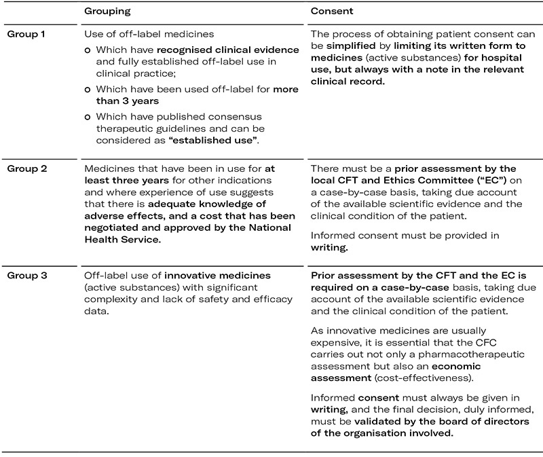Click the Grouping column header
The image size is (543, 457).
pyautogui.click(x=107, y=12)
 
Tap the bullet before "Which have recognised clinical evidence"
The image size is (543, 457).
pyautogui.click(x=88, y=50)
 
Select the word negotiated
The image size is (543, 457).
pyautogui.click(x=110, y=232)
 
